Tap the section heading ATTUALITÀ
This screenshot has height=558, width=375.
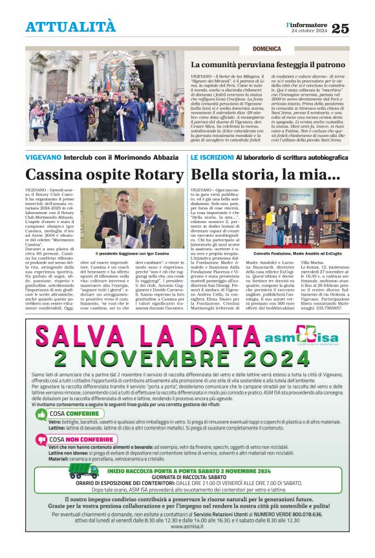click(x=70, y=27)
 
